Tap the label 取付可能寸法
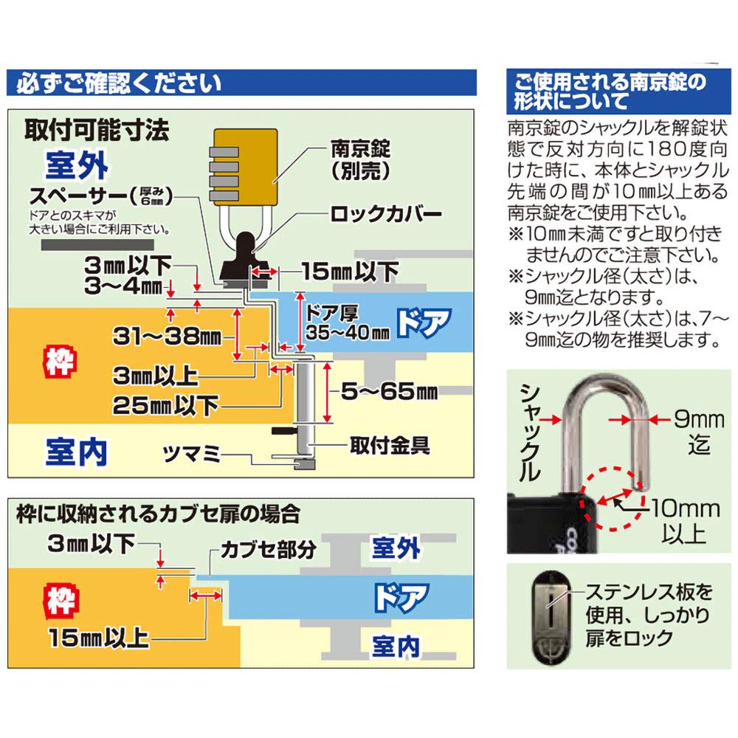point(97,130)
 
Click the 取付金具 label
point(390,445)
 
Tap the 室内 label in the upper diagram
point(77,450)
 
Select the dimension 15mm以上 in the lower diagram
point(99,636)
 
